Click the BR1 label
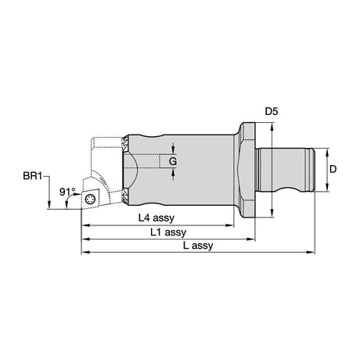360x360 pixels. [x=32, y=176]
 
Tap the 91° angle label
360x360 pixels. [x=67, y=192]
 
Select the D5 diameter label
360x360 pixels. [x=272, y=112]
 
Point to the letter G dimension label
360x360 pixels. [x=173, y=162]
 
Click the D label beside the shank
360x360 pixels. [x=333, y=169]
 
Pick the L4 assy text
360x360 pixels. [x=157, y=218]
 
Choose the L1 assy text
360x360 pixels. [x=168, y=232]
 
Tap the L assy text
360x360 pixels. [x=198, y=246]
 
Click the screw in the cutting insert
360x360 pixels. [x=90, y=200]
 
